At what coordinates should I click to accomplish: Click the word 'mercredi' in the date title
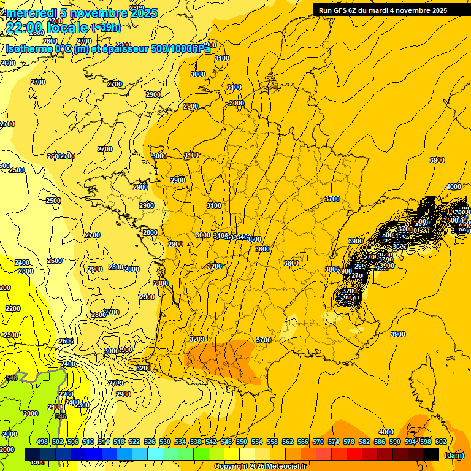[x=28, y=13]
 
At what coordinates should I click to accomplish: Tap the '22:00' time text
[x=26, y=27]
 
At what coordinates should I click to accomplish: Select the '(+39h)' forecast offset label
[x=106, y=27]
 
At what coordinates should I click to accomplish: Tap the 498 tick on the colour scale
[x=42, y=442]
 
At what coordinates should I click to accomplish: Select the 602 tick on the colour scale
[x=440, y=442]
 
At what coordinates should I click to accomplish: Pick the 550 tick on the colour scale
[x=242, y=442]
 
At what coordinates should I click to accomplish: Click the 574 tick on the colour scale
[x=334, y=442]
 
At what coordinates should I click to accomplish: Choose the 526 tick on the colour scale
[x=150, y=442]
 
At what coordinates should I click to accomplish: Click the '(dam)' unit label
[x=454, y=454]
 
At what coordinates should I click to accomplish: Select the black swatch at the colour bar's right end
[x=431, y=454]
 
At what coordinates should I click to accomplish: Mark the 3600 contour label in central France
[x=262, y=249]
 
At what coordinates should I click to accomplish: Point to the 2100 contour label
[x=55, y=407]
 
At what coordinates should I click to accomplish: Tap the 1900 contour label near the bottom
[x=37, y=462]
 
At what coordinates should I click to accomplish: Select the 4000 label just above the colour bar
[x=386, y=432]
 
